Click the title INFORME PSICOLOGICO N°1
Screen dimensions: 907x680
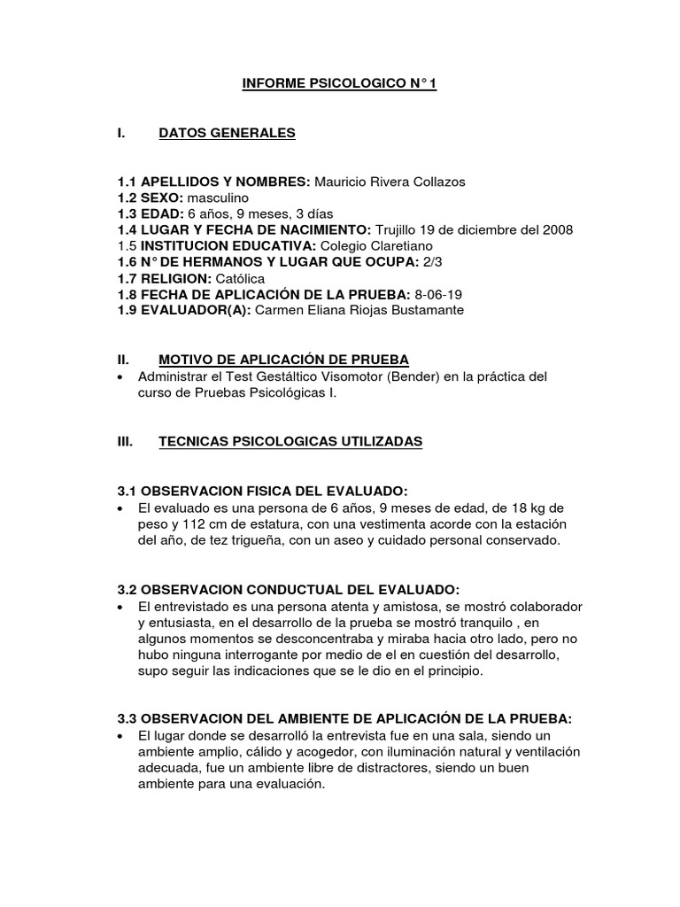(x=340, y=85)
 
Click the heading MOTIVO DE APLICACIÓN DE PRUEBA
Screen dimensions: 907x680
(x=283, y=360)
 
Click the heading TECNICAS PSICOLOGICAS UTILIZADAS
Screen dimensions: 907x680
(x=290, y=440)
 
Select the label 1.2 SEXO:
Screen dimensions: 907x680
(x=151, y=198)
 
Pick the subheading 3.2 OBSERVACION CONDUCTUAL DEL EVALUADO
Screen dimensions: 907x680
(x=289, y=589)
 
